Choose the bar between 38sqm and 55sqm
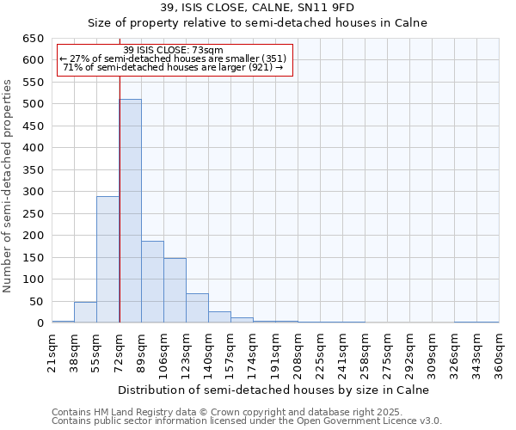(85, 313)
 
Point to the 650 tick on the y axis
(33, 39)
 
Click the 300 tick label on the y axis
(33, 192)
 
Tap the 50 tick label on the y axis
(36, 302)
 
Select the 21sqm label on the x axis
(52, 351)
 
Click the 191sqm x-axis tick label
(275, 351)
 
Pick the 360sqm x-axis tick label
(499, 351)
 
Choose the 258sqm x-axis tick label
(365, 351)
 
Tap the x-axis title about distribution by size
(273, 390)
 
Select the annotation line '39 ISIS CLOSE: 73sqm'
(174, 51)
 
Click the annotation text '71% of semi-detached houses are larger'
(174, 67)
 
